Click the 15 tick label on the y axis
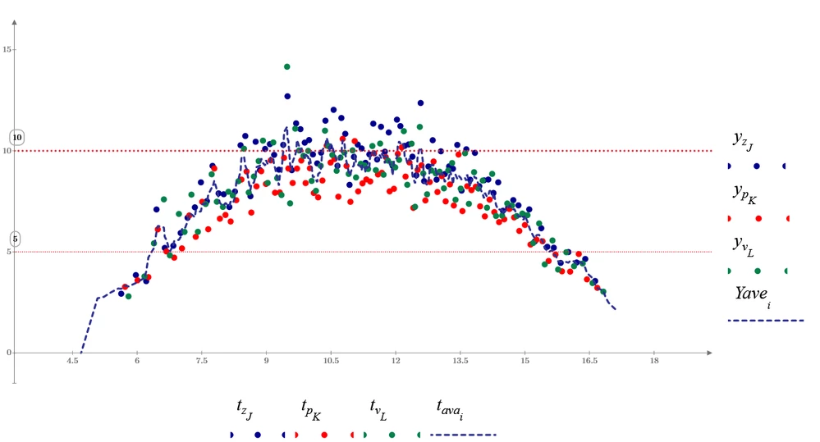tap(7, 50)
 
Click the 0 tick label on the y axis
tap(10, 353)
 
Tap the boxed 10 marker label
tap(16, 137)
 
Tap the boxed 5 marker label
tap(16, 239)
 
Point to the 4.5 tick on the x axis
tap(72, 360)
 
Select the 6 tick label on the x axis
tap(137, 360)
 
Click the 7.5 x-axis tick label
tap(201, 360)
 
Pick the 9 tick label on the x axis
tap(266, 360)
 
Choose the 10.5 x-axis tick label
tap(331, 360)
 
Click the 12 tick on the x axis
tap(396, 360)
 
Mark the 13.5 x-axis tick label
tap(460, 360)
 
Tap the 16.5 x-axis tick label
tap(589, 360)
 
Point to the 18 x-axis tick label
tap(654, 360)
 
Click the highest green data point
tap(287, 66)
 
